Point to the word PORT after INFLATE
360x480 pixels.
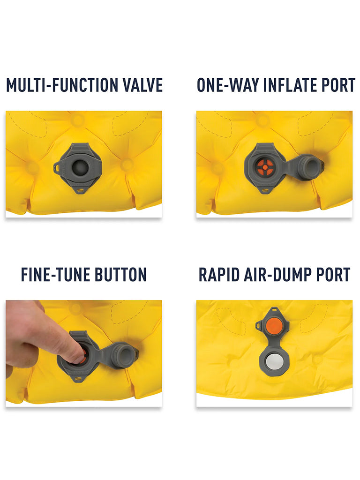pyautogui.click(x=338, y=85)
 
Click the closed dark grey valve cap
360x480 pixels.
pyautogui.click(x=80, y=167)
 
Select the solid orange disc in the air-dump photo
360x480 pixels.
pyautogui.click(x=274, y=325)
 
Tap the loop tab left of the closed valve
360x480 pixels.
pyautogui.click(x=57, y=167)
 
